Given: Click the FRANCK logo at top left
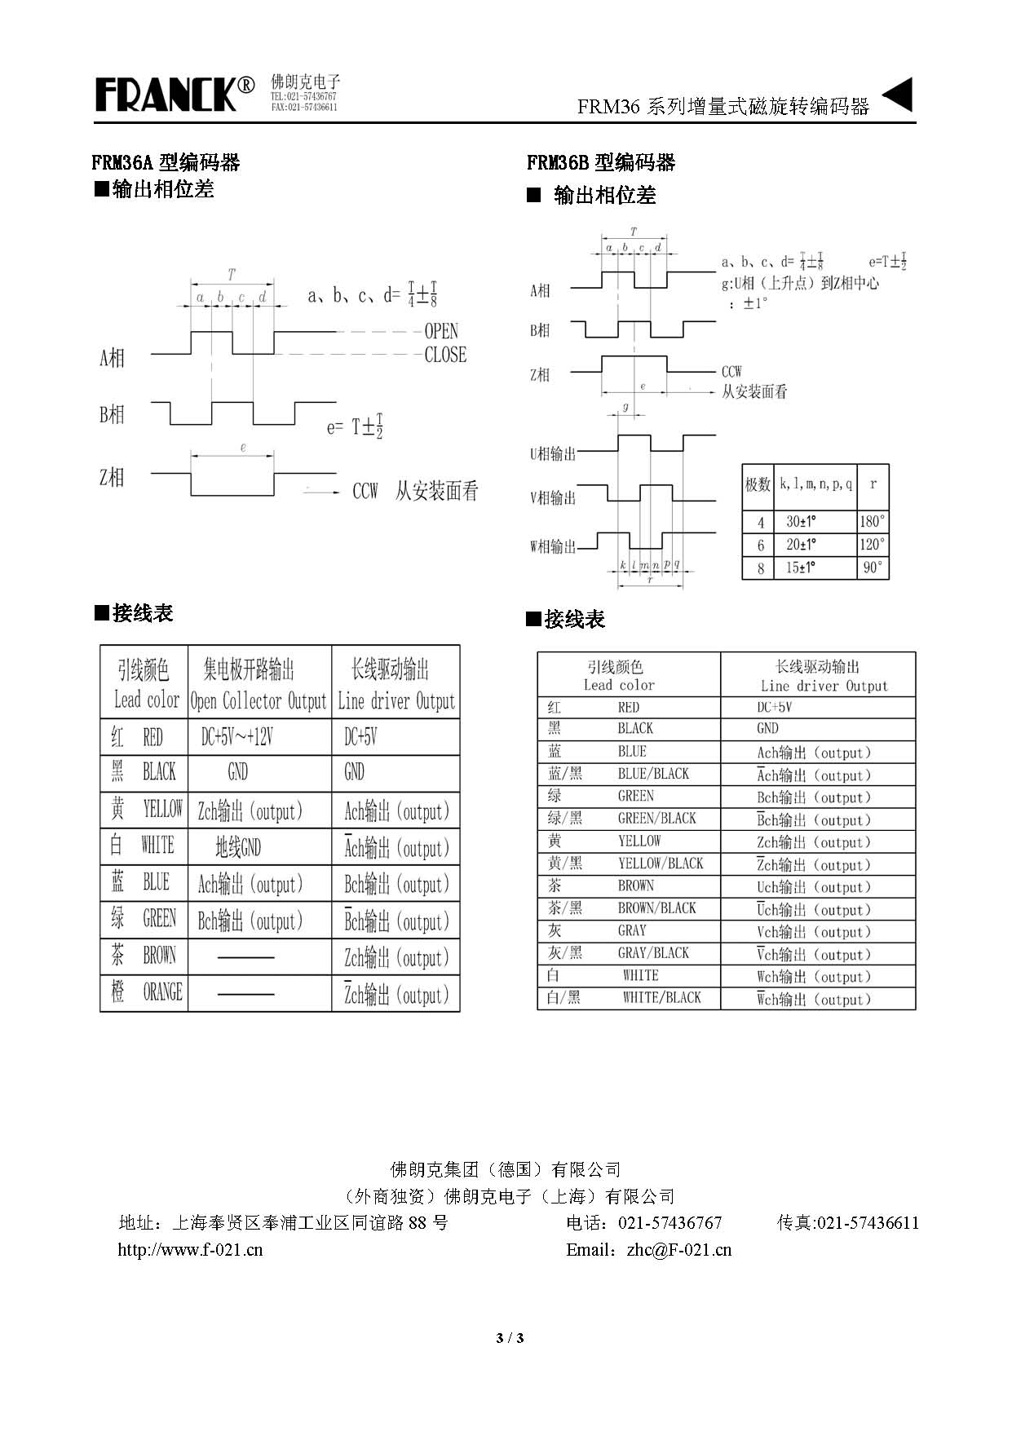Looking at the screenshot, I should click(x=175, y=94).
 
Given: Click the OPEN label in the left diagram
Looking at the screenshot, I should click(x=441, y=331).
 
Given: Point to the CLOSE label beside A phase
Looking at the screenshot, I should click(x=445, y=355).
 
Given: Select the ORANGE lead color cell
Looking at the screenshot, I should click(x=145, y=992).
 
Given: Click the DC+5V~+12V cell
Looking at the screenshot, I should click(x=236, y=737).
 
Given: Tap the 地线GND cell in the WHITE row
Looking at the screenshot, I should click(x=237, y=847).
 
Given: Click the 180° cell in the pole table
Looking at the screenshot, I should click(x=872, y=521).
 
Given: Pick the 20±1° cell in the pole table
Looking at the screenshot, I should click(x=801, y=544).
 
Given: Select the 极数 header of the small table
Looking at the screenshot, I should click(x=758, y=484).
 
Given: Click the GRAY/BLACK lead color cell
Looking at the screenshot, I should click(x=628, y=952).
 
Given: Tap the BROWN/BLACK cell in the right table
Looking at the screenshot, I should click(x=628, y=908).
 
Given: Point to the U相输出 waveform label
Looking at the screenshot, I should click(x=553, y=453).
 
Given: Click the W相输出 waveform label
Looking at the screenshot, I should click(x=553, y=545).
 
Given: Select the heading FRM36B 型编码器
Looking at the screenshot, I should click(x=601, y=162).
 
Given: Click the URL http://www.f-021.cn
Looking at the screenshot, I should click(x=190, y=1249).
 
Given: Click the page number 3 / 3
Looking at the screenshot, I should click(x=510, y=1338).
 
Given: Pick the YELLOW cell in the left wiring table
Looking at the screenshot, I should click(x=145, y=810).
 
